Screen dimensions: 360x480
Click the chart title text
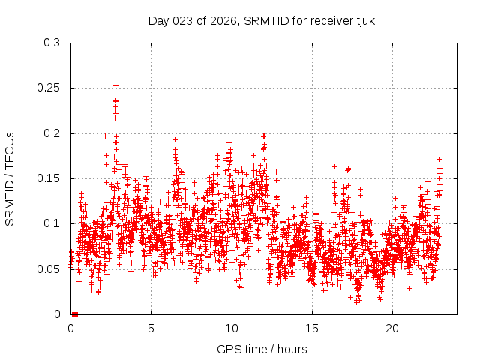pyautogui.click(x=261, y=20)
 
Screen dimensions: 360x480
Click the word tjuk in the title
pyautogui.click(x=364, y=20)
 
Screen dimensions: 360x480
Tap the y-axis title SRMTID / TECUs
pyautogui.click(x=10, y=178)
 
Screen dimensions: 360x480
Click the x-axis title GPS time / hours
pyautogui.click(x=262, y=349)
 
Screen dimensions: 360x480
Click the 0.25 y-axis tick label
pyautogui.click(x=50, y=88)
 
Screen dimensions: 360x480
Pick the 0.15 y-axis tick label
pyautogui.click(x=50, y=178)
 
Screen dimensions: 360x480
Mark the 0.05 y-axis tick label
pyautogui.click(x=50, y=268)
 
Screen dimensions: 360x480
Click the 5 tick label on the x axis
pyautogui.click(x=151, y=328)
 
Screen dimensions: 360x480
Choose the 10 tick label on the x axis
pyautogui.click(x=232, y=328)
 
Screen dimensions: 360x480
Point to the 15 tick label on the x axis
pyautogui.click(x=312, y=328)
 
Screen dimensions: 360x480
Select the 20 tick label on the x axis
pyautogui.click(x=392, y=328)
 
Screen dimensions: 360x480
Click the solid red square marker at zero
pyautogui.click(x=75, y=314)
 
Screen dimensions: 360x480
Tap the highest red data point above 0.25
pyautogui.click(x=115, y=85)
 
